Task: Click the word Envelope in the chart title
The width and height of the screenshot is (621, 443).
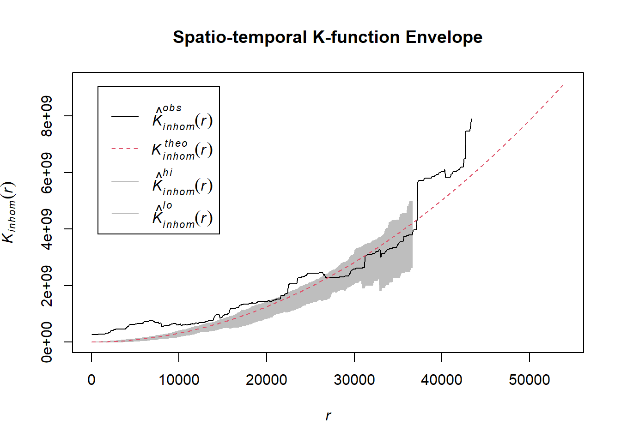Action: pos(444,37)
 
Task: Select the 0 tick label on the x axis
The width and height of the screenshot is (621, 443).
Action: pos(91,380)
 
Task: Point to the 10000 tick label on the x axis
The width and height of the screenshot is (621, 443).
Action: pos(179,380)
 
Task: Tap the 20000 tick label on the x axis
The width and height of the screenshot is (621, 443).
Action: pos(267,380)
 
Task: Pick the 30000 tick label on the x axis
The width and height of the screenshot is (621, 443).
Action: pos(354,380)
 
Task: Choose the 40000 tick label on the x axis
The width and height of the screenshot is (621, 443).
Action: pos(442,380)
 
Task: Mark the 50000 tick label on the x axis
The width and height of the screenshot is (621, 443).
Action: pos(530,380)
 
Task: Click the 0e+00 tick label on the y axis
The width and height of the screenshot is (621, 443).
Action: pos(47,342)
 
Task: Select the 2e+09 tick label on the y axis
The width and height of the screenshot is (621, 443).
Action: pos(47,286)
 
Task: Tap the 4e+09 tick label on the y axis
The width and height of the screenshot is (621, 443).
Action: pos(47,229)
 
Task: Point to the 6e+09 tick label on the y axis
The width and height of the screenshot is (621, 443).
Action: pos(47,173)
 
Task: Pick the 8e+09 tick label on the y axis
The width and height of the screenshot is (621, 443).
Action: pos(47,116)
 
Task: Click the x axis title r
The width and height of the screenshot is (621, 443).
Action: pos(328,416)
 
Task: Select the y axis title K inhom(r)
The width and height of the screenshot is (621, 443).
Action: pos(9,212)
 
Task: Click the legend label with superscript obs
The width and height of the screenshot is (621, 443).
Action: pos(182,118)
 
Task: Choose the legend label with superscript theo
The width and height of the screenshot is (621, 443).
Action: pos(182,150)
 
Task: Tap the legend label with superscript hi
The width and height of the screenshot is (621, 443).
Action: pos(182,183)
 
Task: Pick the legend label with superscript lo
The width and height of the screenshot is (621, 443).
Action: pos(182,215)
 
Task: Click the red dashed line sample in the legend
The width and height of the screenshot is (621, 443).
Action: pos(125,149)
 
